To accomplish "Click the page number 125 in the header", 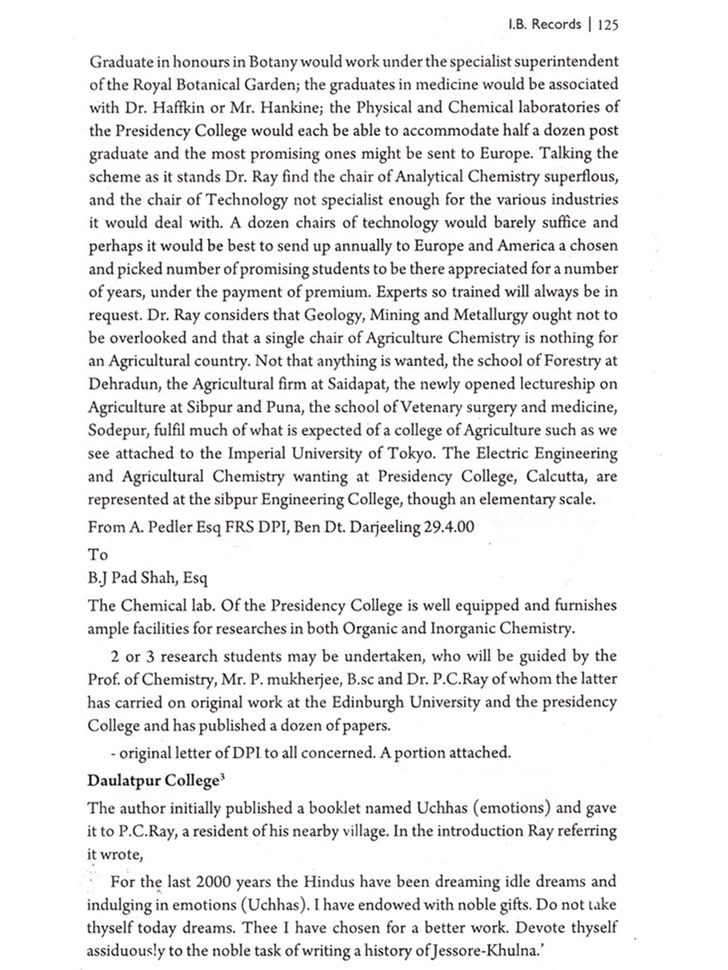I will (608, 25).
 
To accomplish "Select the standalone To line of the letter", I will (98, 554).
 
